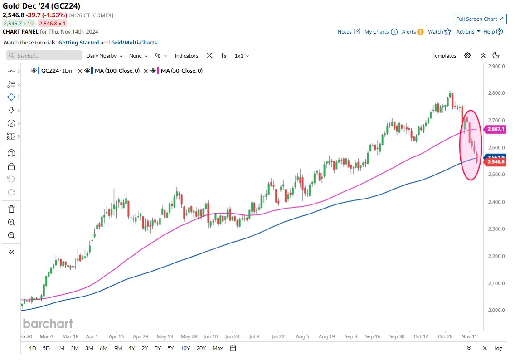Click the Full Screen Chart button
(480, 19)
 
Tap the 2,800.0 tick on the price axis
(497, 93)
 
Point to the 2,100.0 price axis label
(497, 283)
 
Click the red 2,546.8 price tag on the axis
(495, 162)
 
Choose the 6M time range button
(103, 348)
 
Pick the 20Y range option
(201, 348)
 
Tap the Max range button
(218, 348)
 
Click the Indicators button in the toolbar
(186, 56)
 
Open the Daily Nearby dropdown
(104, 56)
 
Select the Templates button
(444, 56)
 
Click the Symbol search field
(43, 56)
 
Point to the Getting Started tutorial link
(78, 43)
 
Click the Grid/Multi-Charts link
(134, 43)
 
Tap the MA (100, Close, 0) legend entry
(117, 71)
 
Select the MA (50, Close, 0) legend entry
(181, 71)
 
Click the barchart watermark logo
(48, 324)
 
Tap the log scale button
(498, 348)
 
